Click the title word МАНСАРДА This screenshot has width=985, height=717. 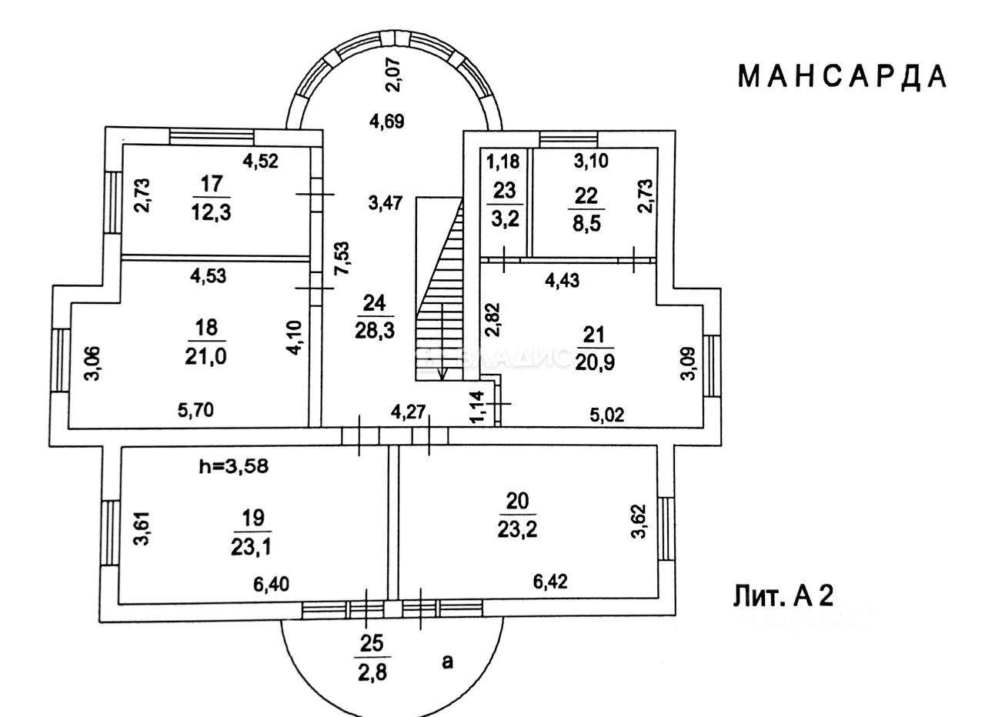[842, 78]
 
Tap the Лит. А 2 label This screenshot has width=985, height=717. [783, 596]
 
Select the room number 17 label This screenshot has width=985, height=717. [212, 183]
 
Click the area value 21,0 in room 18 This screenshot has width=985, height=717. [205, 356]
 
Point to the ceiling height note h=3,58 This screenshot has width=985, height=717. [233, 466]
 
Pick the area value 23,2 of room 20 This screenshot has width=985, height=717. [517, 530]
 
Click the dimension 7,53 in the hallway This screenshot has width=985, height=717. [342, 258]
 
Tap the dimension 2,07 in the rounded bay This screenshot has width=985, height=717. [393, 75]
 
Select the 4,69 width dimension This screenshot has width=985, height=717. [386, 121]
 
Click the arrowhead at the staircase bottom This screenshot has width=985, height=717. [442, 374]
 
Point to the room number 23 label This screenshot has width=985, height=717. [504, 191]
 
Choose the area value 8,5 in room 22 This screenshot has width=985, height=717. [586, 223]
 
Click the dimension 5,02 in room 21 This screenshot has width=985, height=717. [607, 415]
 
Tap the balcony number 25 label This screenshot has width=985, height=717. [372, 644]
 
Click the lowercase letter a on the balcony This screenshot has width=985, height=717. [447, 662]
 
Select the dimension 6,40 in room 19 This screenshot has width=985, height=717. [272, 584]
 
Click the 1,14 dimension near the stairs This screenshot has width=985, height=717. [478, 407]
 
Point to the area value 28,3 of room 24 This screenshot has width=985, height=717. [375, 331]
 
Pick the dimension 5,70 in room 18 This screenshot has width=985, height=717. [195, 410]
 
